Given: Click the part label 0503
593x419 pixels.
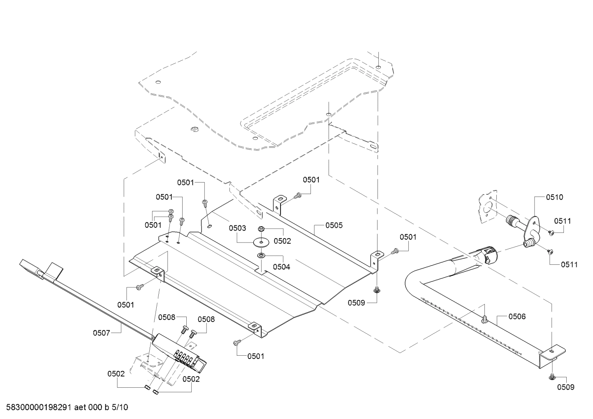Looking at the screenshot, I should [237, 228].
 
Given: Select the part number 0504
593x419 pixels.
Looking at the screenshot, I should [282, 267].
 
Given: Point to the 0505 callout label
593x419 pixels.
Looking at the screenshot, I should [334, 225].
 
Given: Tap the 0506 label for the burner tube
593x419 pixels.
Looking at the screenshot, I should [517, 316].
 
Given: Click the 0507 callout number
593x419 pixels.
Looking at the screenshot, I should [101, 333].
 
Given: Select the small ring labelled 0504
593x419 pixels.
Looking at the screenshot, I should [261, 256].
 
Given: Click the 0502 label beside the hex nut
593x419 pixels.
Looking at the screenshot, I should [282, 241].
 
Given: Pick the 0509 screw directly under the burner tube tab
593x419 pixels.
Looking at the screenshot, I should [551, 377].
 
